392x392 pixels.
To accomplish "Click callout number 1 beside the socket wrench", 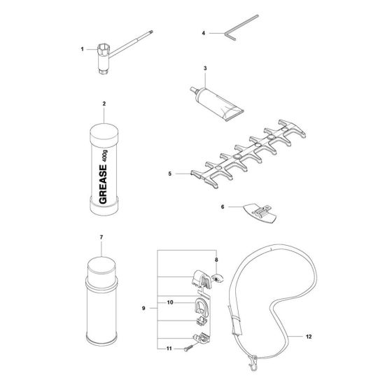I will (x=82, y=49).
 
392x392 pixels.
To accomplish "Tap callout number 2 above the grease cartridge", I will (x=104, y=104).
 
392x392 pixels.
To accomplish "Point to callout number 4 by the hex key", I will (x=203, y=33).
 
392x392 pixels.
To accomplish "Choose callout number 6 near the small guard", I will (x=223, y=208).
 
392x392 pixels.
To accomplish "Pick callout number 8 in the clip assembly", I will (x=216, y=260).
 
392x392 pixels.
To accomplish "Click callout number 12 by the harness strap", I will (x=309, y=337).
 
